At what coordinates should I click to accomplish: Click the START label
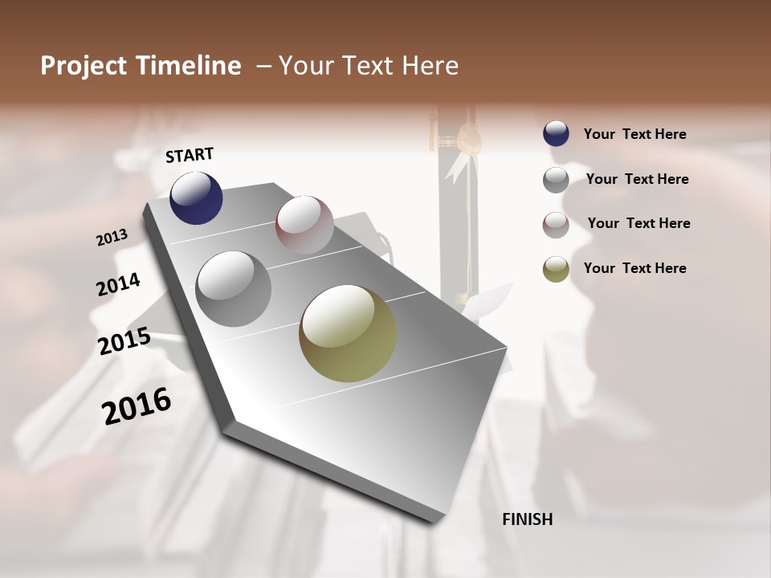pyautogui.click(x=190, y=155)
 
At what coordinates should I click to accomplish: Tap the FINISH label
pyautogui.click(x=527, y=519)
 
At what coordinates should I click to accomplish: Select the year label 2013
pyautogui.click(x=112, y=238)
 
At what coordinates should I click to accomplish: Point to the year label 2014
pyautogui.click(x=119, y=284)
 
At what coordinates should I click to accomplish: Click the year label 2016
pyautogui.click(x=137, y=406)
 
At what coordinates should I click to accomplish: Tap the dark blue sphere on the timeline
pyautogui.click(x=196, y=197)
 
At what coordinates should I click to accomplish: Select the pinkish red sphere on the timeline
pyautogui.click(x=304, y=224)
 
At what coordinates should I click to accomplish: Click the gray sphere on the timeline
pyautogui.click(x=233, y=289)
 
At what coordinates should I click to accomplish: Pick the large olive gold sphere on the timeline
pyautogui.click(x=348, y=333)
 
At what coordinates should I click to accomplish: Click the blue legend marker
pyautogui.click(x=556, y=134)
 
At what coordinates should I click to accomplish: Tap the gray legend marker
pyautogui.click(x=556, y=180)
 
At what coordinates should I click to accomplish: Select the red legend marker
pyautogui.click(x=556, y=225)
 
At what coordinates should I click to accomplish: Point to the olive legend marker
pyautogui.click(x=556, y=269)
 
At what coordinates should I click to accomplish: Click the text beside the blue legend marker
pyautogui.click(x=634, y=135)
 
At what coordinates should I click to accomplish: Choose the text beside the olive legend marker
pyautogui.click(x=634, y=268)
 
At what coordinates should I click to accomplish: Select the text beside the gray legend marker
pyautogui.click(x=637, y=179)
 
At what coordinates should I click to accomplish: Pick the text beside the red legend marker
pyautogui.click(x=638, y=223)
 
